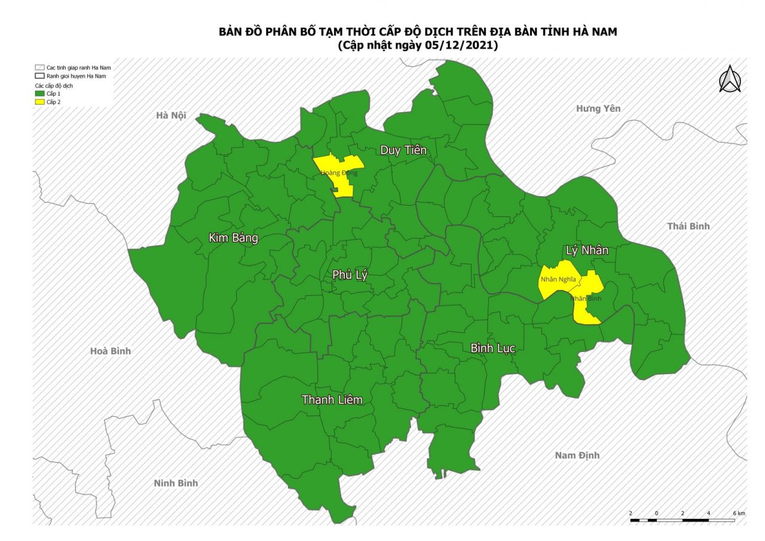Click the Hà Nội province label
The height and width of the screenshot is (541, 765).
170,115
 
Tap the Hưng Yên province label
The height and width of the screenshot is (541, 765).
598,108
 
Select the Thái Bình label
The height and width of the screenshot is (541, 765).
688,226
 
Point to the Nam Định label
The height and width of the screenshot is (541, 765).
577,456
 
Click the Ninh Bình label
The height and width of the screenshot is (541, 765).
176,483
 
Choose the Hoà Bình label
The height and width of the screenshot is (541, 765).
110,351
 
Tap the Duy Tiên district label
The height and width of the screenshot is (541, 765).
403,150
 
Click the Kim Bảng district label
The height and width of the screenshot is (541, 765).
233,238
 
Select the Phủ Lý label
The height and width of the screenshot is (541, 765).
350,275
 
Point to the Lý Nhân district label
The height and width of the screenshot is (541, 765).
587,250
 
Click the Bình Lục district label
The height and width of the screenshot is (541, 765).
492,348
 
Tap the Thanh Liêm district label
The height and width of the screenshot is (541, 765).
332,399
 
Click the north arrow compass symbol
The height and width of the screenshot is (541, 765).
729,79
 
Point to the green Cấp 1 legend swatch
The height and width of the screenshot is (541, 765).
39,94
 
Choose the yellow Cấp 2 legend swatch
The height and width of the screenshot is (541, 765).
39,102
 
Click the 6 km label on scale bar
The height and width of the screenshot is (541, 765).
739,514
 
